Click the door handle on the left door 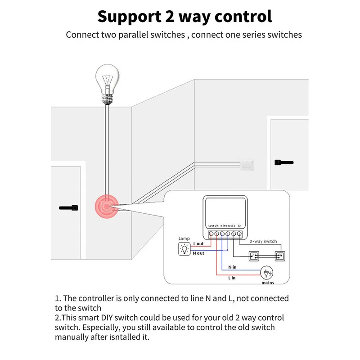69,208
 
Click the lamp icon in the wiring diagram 184,248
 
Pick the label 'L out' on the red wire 198,243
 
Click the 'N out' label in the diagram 198,253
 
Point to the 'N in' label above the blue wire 232,267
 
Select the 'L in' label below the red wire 232,279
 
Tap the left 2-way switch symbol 254,257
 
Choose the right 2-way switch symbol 280,257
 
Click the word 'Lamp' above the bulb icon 184,238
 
